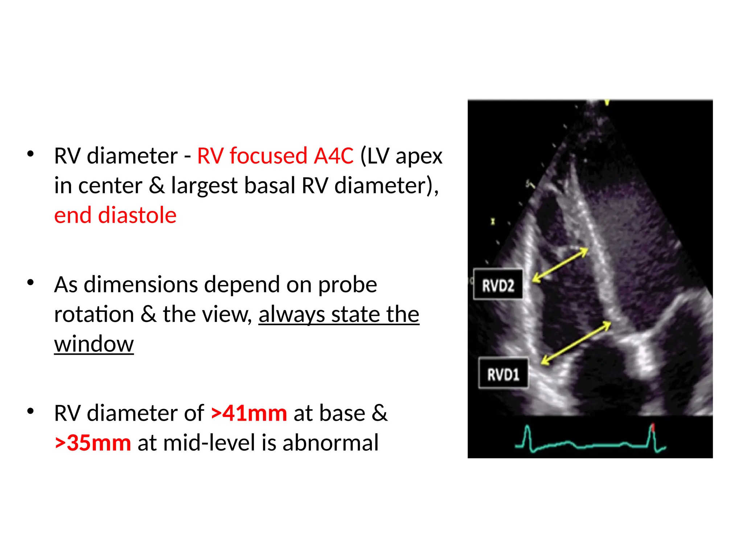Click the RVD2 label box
tap(498, 285)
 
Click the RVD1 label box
tap(503, 374)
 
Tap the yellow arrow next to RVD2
tap(560, 265)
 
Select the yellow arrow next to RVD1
tap(576, 343)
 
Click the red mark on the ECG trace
tap(653, 428)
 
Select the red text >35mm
tap(93, 443)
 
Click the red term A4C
tap(333, 156)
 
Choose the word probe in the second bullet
tap(347, 285)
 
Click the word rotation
tap(94, 314)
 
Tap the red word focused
tap(268, 156)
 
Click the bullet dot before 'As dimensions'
tap(30, 282)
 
